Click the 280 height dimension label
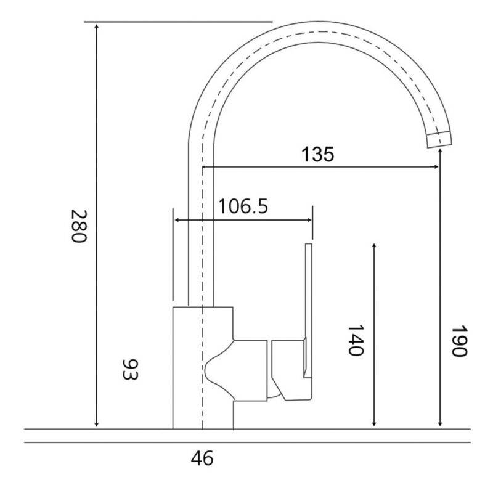click(78, 226)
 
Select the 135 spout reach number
click(317, 155)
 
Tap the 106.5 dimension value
click(243, 206)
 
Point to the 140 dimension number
click(356, 340)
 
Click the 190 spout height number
click(459, 341)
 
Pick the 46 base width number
click(202, 458)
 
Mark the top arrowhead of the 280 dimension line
click(97, 25)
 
